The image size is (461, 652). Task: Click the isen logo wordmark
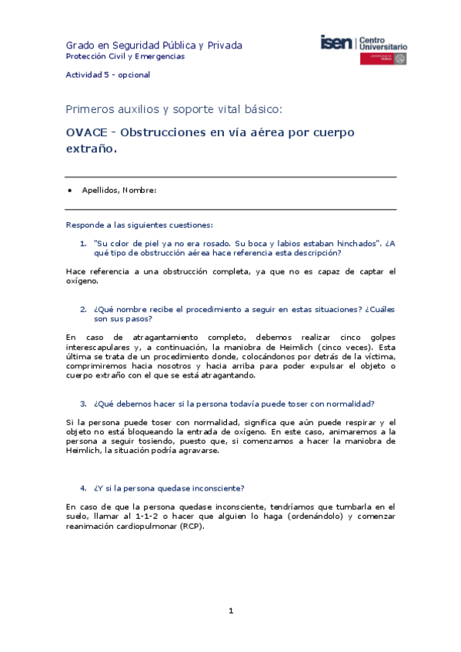tap(337, 43)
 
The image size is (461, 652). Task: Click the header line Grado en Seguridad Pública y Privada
tap(154, 45)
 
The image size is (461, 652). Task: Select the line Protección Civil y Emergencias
tap(125, 57)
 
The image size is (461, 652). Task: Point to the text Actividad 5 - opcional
tap(108, 75)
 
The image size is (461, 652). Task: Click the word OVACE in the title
tap(87, 132)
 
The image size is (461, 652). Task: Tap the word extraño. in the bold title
tap(92, 149)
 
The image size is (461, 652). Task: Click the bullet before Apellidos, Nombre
tap(71, 190)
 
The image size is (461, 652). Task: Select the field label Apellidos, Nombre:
tap(119, 190)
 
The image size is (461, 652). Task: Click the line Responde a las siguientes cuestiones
tap(139, 225)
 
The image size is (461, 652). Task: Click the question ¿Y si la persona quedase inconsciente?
tap(169, 488)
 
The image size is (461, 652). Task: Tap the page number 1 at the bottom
tap(230, 611)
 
